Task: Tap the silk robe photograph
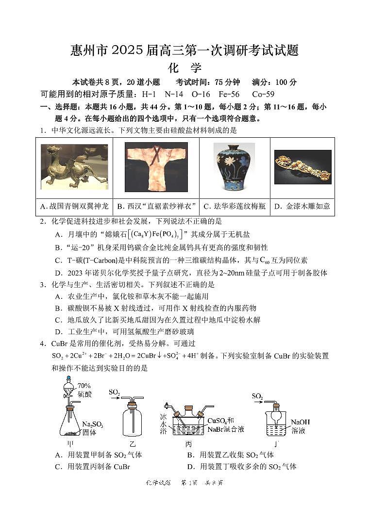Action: pos(156,166)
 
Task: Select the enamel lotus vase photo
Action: pos(234,166)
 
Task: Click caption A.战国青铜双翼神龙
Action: pos(74,206)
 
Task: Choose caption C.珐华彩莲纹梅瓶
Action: pos(234,206)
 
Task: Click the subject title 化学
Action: pos(184,68)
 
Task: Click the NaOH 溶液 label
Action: pos(300,425)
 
